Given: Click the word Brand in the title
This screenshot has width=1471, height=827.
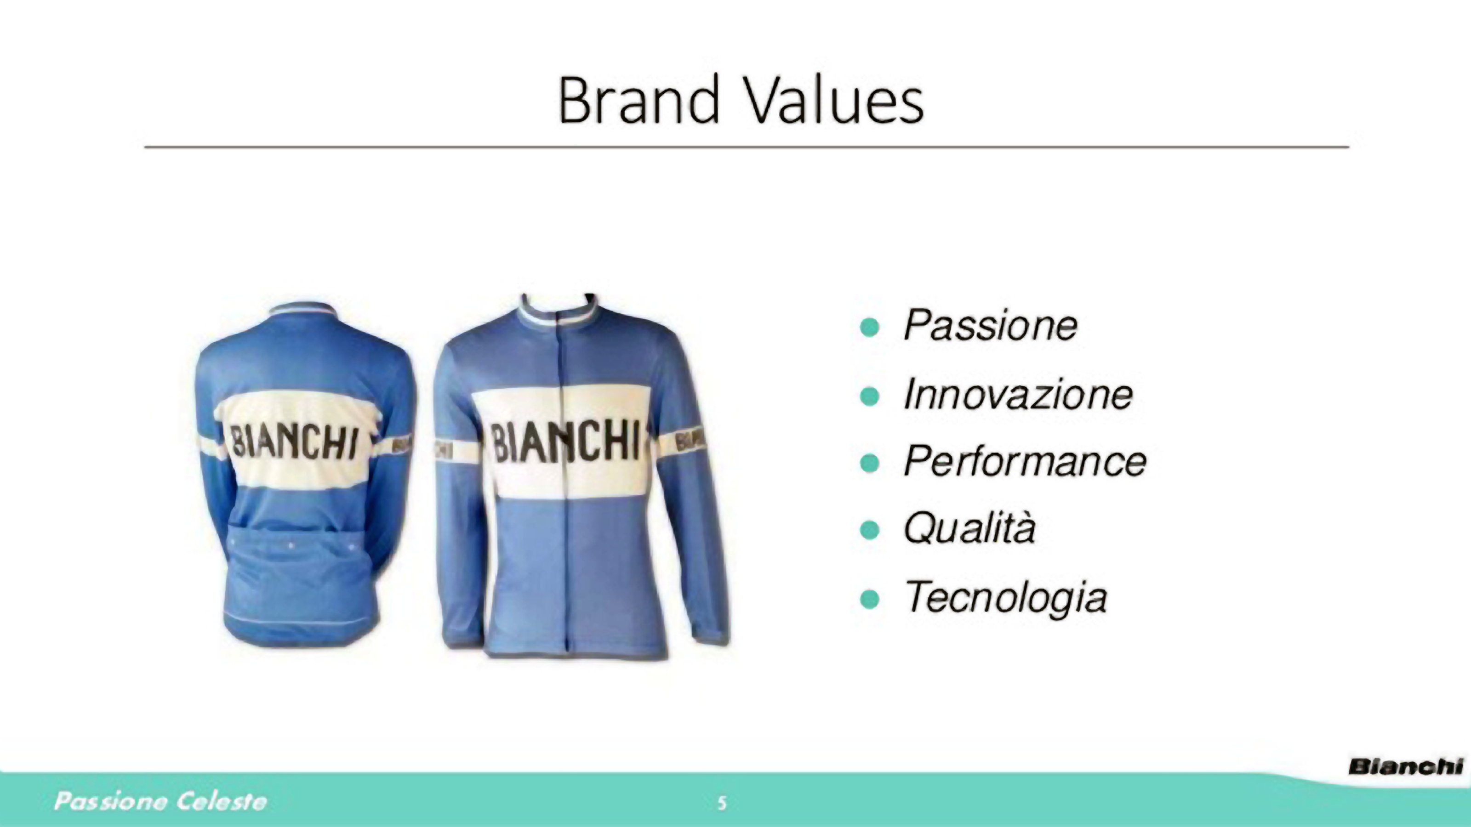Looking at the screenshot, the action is pyautogui.click(x=638, y=99).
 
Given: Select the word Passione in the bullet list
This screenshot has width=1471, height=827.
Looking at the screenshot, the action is pyautogui.click(x=990, y=325).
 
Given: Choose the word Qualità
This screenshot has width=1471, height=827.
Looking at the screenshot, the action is pyautogui.click(x=969, y=528).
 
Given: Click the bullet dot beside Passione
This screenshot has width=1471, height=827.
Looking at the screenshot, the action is pyautogui.click(x=869, y=327).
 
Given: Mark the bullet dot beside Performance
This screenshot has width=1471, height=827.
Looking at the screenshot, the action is pyautogui.click(x=869, y=463).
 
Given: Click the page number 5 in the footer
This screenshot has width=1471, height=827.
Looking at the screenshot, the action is pyautogui.click(x=722, y=804).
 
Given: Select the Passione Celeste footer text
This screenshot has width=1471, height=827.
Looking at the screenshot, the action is pyautogui.click(x=160, y=801).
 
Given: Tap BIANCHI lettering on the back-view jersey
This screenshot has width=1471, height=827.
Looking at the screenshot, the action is pyautogui.click(x=295, y=443).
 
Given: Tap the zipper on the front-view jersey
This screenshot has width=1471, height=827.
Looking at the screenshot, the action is pyautogui.click(x=566, y=485).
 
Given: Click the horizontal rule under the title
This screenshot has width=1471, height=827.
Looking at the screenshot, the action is pyautogui.click(x=747, y=147).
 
